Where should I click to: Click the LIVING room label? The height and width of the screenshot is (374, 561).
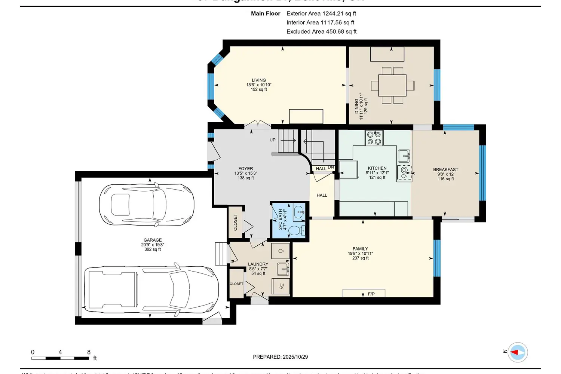click(x=258, y=80)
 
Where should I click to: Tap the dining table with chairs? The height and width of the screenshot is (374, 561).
click(x=392, y=86)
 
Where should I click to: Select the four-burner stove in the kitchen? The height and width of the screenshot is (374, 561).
click(x=374, y=138)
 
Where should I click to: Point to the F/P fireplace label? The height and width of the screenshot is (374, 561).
click(x=371, y=294)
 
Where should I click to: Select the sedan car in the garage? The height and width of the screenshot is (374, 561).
click(x=147, y=205)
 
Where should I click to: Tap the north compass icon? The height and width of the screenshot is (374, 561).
click(x=518, y=352)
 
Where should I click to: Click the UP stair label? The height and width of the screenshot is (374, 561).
click(x=273, y=140)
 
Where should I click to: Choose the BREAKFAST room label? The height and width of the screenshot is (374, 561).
click(x=445, y=169)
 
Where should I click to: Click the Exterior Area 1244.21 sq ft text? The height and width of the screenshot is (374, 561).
click(x=321, y=13)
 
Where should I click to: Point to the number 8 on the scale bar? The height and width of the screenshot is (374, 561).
click(x=89, y=352)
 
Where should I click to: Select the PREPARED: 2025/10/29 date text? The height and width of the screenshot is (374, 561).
click(x=280, y=357)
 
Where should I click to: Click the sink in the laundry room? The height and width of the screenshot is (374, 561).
click(x=283, y=269)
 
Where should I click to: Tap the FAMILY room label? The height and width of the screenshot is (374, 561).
click(x=360, y=249)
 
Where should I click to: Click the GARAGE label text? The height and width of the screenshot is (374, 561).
click(x=153, y=240)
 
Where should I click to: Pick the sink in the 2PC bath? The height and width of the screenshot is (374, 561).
click(x=299, y=212)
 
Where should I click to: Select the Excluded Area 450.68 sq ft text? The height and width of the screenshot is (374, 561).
click(x=321, y=31)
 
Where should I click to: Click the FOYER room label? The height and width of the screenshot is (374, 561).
click(x=246, y=169)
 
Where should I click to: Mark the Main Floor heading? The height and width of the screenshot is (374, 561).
click(x=266, y=13)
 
